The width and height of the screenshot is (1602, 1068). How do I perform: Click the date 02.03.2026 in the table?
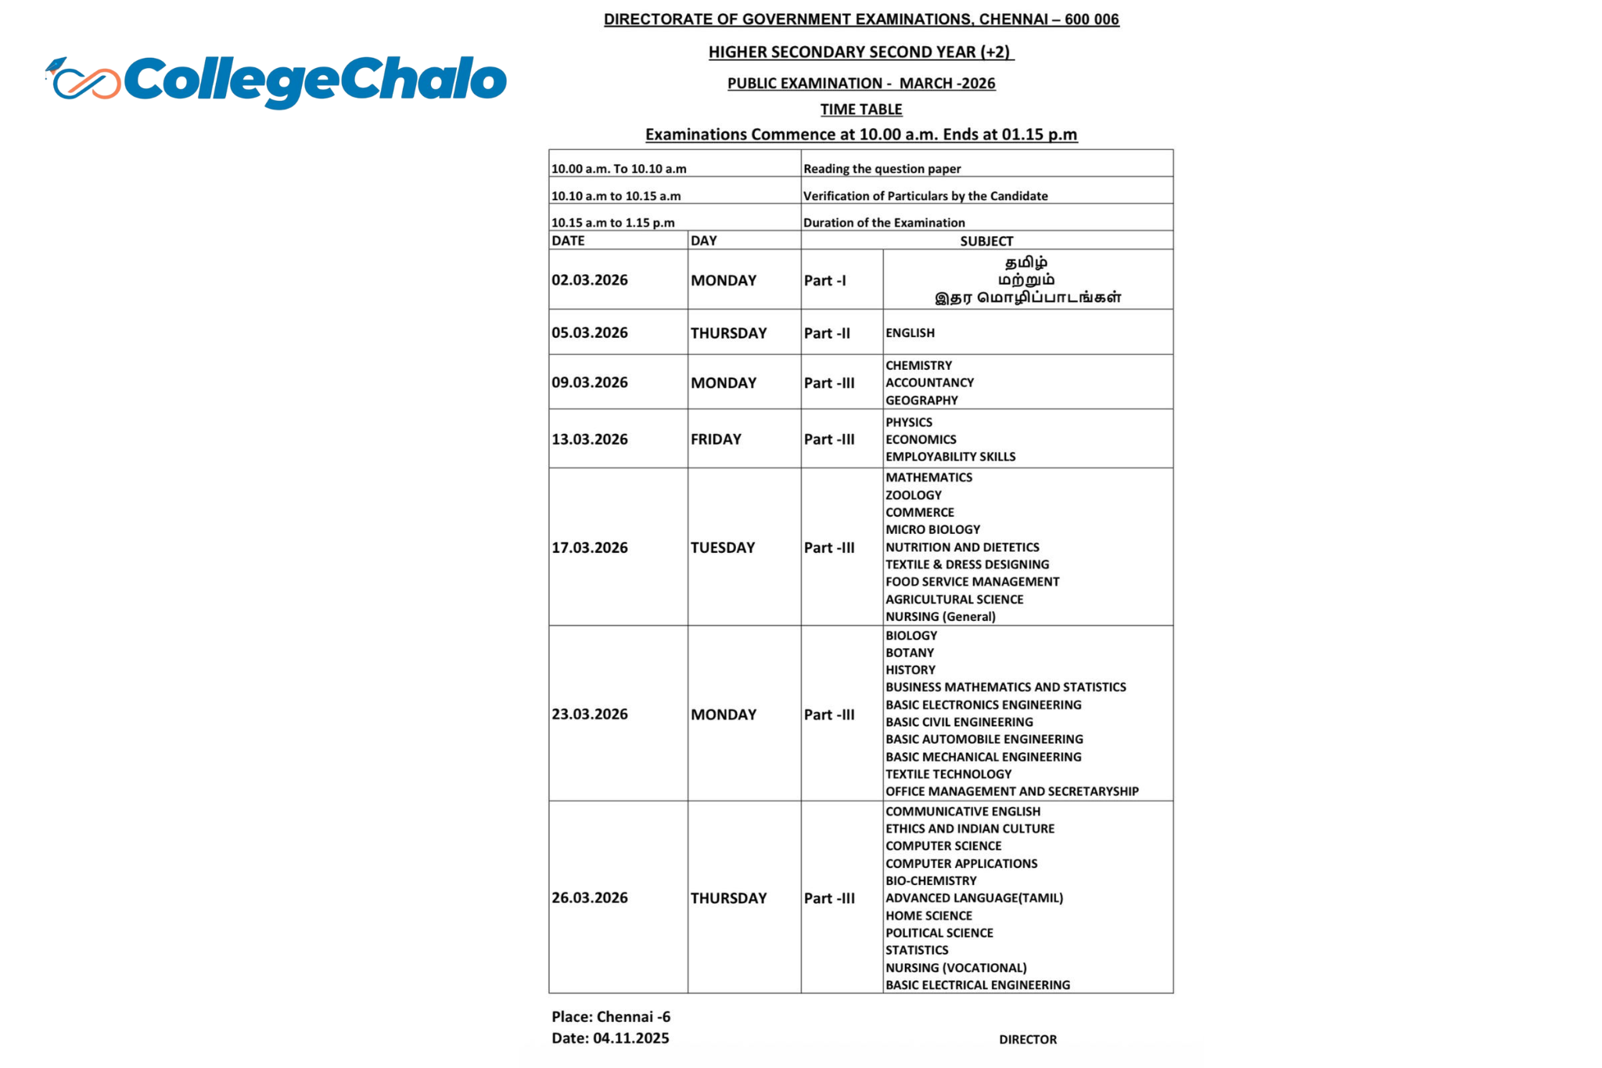(x=590, y=280)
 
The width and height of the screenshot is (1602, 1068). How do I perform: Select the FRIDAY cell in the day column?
(x=716, y=439)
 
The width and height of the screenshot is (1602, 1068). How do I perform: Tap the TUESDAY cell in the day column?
(x=723, y=547)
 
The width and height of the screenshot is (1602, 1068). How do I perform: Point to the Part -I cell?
(x=824, y=281)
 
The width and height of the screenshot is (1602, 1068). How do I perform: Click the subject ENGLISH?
(x=910, y=333)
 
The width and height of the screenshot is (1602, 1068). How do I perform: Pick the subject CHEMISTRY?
(x=918, y=365)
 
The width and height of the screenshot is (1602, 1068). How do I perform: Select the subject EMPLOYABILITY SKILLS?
(x=950, y=457)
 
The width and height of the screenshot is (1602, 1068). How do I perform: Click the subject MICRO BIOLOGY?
(x=932, y=529)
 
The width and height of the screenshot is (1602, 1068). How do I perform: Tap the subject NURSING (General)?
(x=940, y=616)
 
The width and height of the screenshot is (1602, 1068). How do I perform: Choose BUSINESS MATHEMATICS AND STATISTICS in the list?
(x=1005, y=687)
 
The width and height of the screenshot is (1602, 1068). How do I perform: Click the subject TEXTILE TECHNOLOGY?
(x=948, y=774)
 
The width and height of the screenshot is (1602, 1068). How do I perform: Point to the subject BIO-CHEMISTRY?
(x=931, y=880)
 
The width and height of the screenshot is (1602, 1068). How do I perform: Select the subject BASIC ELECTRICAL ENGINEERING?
(x=978, y=985)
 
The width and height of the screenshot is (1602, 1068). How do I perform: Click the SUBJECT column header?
(x=986, y=241)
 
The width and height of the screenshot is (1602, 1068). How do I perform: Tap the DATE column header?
(x=568, y=241)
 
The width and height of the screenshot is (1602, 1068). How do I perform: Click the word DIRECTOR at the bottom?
(x=1028, y=1039)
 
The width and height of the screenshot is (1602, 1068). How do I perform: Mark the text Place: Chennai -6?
(x=611, y=1016)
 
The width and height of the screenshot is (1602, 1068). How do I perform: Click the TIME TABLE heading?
(x=861, y=109)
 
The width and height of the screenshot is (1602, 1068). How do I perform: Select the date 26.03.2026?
(x=590, y=898)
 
